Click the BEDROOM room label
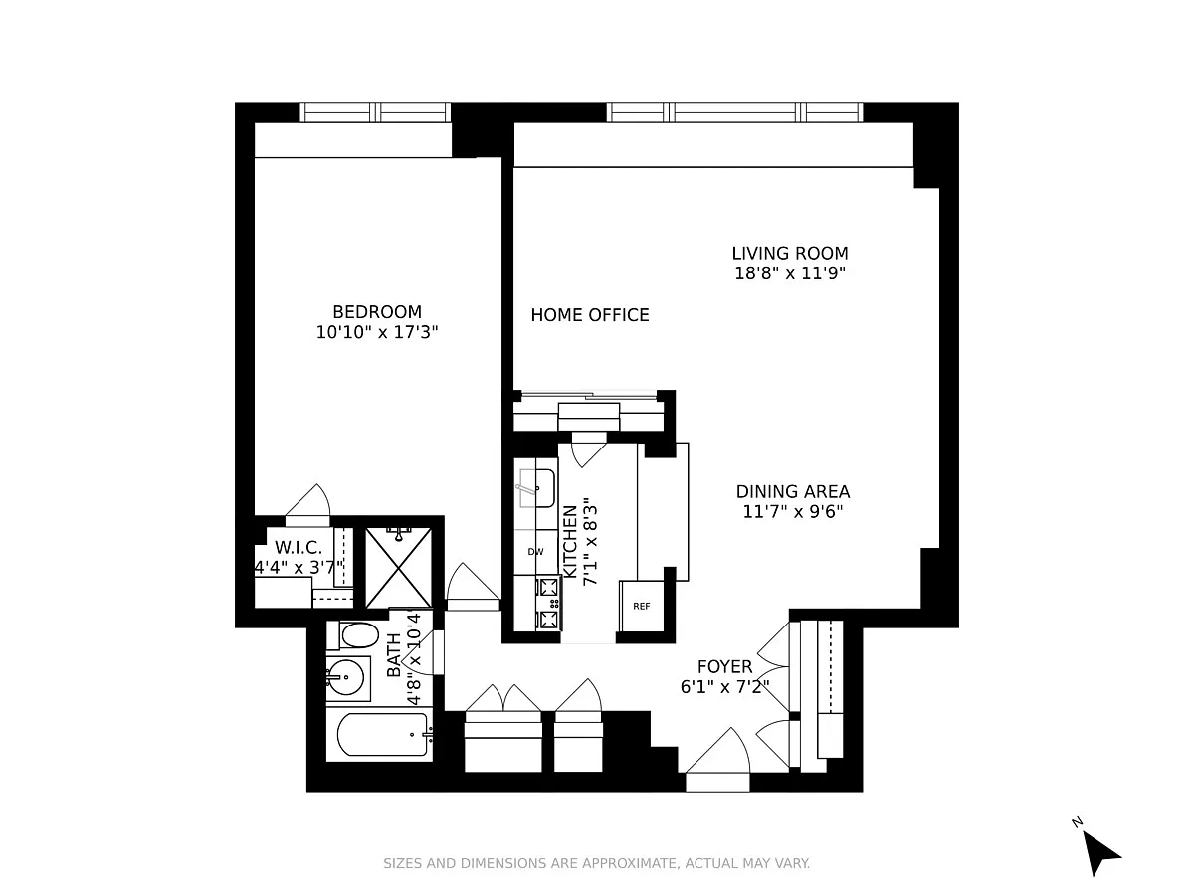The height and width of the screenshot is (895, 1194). (x=377, y=312)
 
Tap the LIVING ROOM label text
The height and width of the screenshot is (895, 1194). (x=790, y=254)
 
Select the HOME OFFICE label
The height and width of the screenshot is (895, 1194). (x=590, y=315)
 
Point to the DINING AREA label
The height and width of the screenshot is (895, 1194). (x=793, y=492)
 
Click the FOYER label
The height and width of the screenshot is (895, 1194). (x=724, y=666)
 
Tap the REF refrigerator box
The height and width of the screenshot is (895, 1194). (x=642, y=606)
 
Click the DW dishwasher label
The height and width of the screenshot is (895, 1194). (x=535, y=552)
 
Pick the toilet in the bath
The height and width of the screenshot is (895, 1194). (x=353, y=635)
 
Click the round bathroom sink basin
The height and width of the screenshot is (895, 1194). (x=346, y=677)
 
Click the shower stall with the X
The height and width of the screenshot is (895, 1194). (x=398, y=567)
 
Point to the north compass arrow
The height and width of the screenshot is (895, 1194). (x=1098, y=854)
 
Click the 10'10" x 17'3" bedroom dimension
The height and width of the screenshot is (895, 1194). (x=377, y=332)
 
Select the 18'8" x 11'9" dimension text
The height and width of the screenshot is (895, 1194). (x=790, y=273)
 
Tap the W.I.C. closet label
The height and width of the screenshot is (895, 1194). (x=298, y=547)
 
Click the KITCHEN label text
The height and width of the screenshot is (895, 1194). (x=569, y=541)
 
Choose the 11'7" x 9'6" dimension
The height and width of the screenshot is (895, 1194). (x=793, y=512)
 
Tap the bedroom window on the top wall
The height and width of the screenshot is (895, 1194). (x=375, y=112)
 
